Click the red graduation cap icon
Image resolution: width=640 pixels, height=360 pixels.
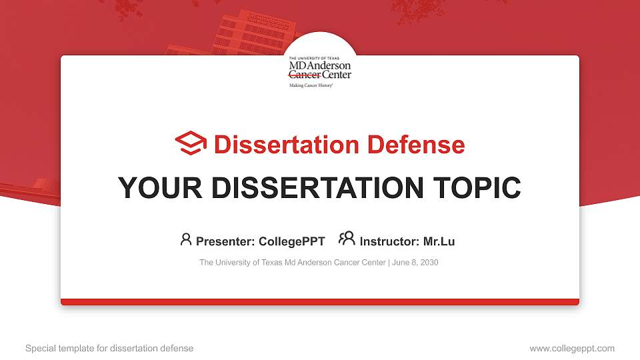[191, 143]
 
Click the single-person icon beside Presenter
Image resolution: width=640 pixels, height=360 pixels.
[186, 239]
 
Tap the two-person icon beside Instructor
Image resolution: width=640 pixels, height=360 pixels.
[347, 239]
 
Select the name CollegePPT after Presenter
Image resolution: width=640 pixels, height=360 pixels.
[291, 241]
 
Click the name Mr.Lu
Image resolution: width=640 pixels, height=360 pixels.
[439, 241]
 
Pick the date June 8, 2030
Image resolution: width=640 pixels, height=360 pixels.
[415, 263]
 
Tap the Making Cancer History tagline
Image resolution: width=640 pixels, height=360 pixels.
[311, 86]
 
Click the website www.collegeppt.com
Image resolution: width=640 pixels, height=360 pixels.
[571, 348]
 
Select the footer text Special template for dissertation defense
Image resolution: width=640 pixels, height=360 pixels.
[109, 348]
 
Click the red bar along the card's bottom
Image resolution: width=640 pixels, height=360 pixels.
[320, 302]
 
